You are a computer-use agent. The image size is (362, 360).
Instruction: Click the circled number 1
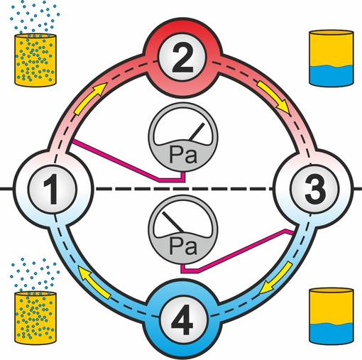coord(53,189)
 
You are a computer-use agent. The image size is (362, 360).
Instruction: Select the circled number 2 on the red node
coord(182,58)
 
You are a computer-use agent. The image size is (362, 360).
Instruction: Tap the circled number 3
coord(315,189)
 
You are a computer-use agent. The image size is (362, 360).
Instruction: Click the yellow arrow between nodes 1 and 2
coord(89,98)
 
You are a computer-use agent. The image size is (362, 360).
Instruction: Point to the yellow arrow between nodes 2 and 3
coord(274,97)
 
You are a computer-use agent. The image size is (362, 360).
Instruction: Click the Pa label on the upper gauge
coord(183,155)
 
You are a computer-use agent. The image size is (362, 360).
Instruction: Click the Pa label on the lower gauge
coord(183,246)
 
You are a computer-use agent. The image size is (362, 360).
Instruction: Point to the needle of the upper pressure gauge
coord(197,131)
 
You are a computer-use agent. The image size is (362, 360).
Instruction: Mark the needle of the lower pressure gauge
coord(172,222)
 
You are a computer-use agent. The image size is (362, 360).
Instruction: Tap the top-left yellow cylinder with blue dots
coord(35,60)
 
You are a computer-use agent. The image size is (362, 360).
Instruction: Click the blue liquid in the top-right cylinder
coord(331,76)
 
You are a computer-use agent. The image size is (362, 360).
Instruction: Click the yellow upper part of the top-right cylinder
coord(331,48)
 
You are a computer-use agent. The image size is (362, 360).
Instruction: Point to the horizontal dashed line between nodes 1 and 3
coord(184,189)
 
